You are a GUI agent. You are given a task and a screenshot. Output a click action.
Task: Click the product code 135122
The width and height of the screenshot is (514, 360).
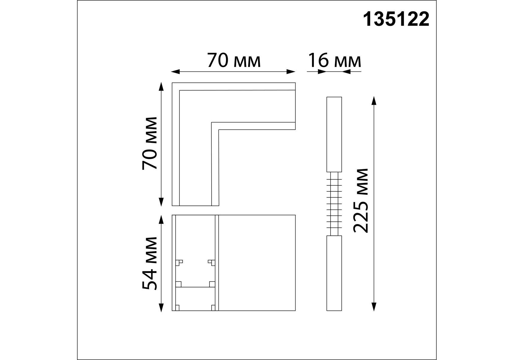pos(396,20)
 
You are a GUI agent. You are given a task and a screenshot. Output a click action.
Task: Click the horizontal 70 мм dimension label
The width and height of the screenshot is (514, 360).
pos(234,61)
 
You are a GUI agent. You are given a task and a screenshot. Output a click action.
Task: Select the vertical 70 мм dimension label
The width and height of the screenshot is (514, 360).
pos(150,143)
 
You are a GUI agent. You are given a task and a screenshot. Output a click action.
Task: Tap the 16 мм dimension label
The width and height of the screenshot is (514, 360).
pos(334,61)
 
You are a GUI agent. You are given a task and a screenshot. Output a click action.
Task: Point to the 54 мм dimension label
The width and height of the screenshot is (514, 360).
pos(150,264)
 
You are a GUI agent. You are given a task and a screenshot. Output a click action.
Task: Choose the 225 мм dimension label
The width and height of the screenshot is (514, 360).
pos(361,201)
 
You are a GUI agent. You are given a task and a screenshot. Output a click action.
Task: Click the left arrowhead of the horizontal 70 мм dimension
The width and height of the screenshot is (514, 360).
pos(175,72)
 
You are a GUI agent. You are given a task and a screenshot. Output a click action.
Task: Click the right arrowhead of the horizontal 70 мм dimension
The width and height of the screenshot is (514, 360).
pos(291,72)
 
